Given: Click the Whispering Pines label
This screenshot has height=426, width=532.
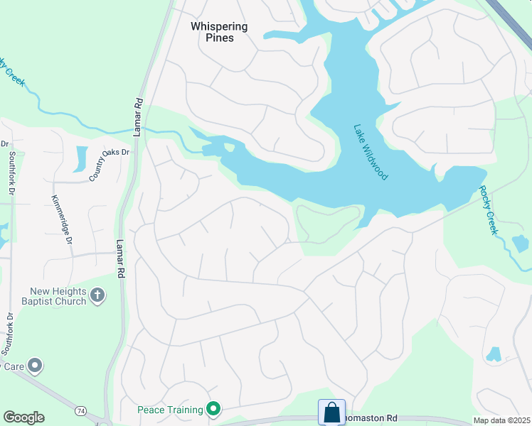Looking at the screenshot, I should pyautogui.click(x=219, y=32).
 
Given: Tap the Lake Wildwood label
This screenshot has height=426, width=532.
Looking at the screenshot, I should pyautogui.click(x=371, y=152).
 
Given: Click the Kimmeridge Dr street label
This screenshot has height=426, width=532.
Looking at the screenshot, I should pyautogui.click(x=62, y=221).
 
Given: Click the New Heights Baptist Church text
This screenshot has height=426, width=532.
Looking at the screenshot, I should pyautogui.click(x=58, y=296).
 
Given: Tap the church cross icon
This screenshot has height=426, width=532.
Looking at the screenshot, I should pyautogui.click(x=98, y=294).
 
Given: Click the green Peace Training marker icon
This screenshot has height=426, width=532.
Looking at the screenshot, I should pyautogui.click(x=213, y=408).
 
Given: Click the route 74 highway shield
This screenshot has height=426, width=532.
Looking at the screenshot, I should pyautogui.click(x=82, y=411).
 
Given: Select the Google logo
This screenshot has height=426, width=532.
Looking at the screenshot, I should pyautogui.click(x=23, y=417).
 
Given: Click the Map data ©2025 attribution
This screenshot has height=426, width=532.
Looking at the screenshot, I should pyautogui.click(x=501, y=420).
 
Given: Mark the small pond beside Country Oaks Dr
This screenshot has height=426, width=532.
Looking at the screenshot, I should pyautogui.click(x=80, y=158).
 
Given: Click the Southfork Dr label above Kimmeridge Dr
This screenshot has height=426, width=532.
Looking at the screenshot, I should pyautogui.click(x=11, y=175).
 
